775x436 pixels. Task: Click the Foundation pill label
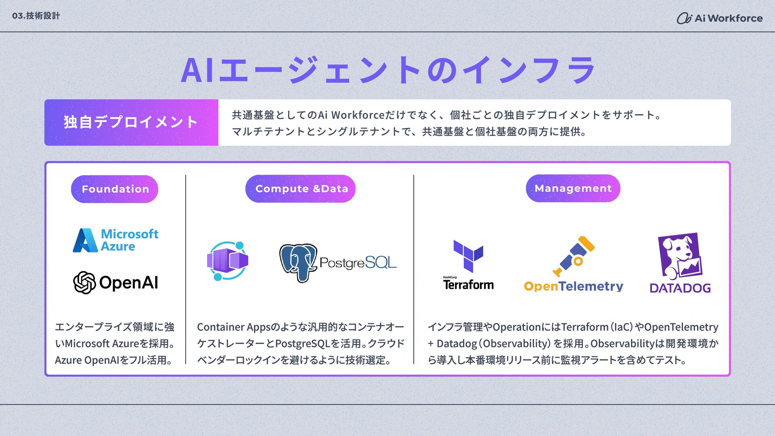pos(115,189)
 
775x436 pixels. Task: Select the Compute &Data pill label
pos(300,189)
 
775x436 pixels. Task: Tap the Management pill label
pos(573,188)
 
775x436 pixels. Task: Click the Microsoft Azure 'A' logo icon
pos(85,241)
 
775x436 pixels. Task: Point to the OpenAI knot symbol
pos(84,283)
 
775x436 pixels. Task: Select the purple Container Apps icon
pos(227,261)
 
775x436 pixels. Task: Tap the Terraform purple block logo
pos(468,256)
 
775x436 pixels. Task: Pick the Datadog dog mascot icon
pos(680,256)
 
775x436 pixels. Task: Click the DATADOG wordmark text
pos(680,288)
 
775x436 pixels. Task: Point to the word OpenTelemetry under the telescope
pos(574,286)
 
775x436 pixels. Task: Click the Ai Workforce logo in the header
pos(720,18)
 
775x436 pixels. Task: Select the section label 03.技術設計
pos(36,16)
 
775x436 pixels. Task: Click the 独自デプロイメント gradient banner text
pos(131,122)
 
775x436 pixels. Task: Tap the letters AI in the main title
pos(197,70)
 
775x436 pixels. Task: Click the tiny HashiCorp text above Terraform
pos(450,277)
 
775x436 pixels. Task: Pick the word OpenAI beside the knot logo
pos(128,283)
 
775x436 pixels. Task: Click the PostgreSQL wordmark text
pos(358,263)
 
